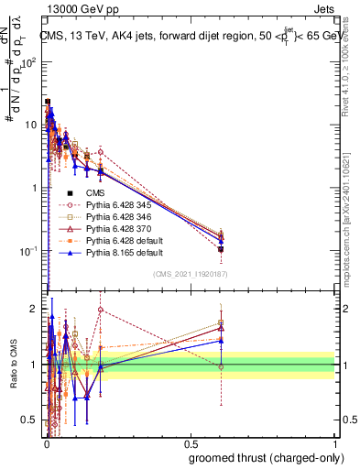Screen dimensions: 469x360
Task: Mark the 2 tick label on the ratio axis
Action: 35,309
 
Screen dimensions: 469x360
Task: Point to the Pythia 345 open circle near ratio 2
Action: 101,310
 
